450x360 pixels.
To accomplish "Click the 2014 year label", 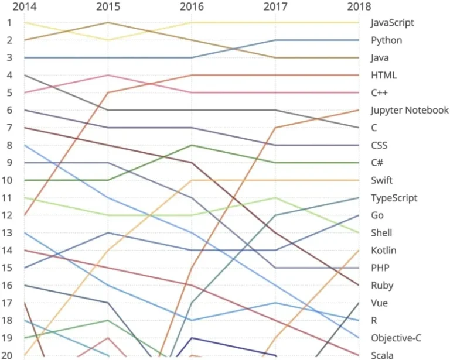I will click(23, 7).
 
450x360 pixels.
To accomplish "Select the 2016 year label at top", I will click(192, 7).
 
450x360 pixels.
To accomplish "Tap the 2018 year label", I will click(359, 7).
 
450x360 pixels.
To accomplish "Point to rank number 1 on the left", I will click(9, 23).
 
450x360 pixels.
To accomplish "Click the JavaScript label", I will click(393, 23).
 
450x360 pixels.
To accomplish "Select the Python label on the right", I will click(387, 40).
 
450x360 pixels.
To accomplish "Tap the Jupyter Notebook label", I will click(410, 110).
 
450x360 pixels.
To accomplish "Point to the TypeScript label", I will click(394, 198).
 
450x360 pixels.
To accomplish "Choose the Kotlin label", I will click(384, 251).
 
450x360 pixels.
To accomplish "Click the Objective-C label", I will click(396, 338).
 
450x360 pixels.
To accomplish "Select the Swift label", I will click(382, 180).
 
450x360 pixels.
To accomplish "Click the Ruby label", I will click(382, 286).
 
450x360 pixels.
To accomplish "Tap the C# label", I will click(378, 163).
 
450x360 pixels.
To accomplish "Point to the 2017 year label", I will click(275, 7).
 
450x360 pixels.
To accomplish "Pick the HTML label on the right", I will click(384, 76).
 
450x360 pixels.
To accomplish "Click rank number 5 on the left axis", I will click(9, 92).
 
